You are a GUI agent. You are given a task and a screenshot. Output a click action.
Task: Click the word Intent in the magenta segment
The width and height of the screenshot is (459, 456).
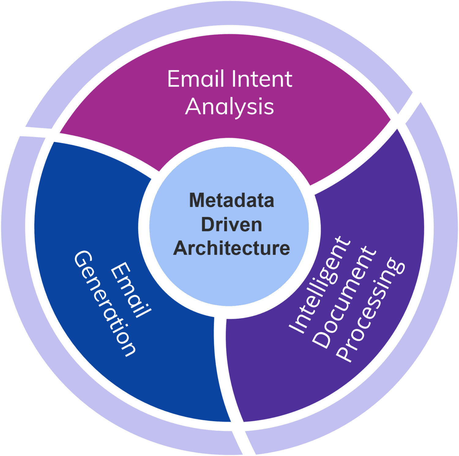click(262, 79)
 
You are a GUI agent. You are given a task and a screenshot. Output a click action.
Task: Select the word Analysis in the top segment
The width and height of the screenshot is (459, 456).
click(229, 107)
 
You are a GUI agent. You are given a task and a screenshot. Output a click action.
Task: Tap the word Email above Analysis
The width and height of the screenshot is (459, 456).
click(196, 79)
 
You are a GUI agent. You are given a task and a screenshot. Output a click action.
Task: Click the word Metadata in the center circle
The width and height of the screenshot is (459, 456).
click(231, 200)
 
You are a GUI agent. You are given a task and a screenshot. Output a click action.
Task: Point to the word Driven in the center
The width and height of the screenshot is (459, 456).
click(231, 225)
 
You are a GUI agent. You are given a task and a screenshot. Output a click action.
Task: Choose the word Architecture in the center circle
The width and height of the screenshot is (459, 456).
click(231, 248)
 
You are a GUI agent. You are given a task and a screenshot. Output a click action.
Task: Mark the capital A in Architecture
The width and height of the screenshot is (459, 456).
click(180, 248)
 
